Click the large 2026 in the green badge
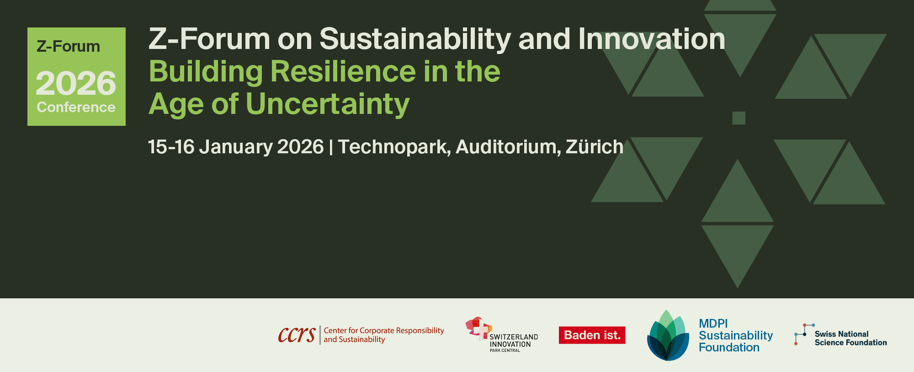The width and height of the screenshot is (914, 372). [x=76, y=83]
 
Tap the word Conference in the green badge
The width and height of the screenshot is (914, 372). [x=76, y=107]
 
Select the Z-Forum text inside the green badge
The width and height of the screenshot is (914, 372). [x=68, y=46]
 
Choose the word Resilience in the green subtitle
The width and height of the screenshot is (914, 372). [x=344, y=71]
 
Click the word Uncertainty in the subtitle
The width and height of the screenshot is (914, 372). [x=328, y=104]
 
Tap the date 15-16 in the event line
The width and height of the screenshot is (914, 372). [x=171, y=147]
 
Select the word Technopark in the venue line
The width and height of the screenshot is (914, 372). [x=394, y=147]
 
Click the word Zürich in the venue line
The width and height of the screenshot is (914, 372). [x=595, y=146]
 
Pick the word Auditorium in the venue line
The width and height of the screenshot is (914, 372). [x=508, y=147]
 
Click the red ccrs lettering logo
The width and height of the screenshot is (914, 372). [x=297, y=335]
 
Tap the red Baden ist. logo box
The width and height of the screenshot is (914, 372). [x=592, y=335]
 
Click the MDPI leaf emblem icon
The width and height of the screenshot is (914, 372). [x=668, y=335]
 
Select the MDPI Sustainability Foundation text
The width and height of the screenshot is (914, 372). [x=736, y=335]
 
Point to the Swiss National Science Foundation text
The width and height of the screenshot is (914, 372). [x=850, y=338]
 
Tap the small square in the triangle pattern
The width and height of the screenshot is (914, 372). [x=739, y=118]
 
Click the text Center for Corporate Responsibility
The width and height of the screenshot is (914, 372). [x=384, y=330]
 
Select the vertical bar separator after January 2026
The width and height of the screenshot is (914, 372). [x=331, y=147]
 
